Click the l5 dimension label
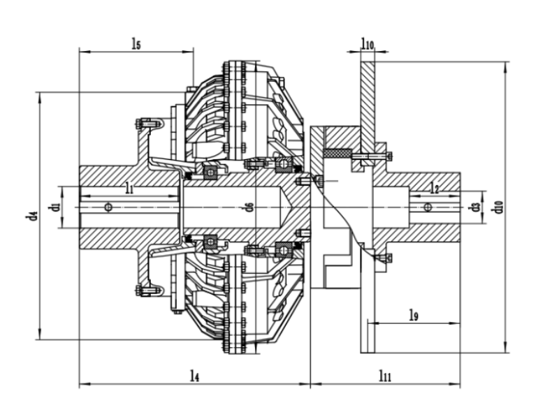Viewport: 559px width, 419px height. point(136,44)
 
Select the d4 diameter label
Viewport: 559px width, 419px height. point(31,215)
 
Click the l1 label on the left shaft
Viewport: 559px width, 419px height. point(129,187)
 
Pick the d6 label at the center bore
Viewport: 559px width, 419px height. point(249,207)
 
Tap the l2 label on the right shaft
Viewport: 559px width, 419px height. point(434,189)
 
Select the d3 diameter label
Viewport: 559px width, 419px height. point(475,207)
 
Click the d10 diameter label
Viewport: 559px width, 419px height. point(498,207)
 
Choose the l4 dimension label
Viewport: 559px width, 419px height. point(195,376)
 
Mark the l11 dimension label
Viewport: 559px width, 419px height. point(384,376)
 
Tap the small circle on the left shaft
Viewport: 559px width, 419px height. point(108,207)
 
